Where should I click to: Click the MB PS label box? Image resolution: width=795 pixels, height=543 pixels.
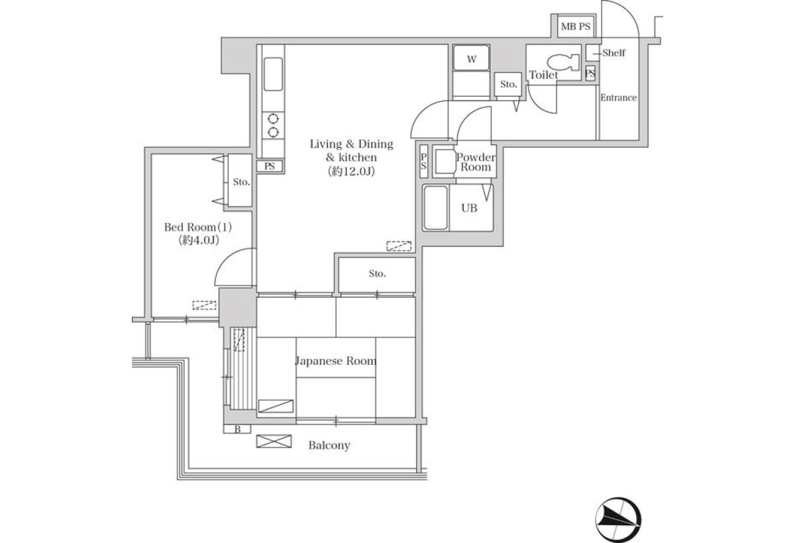click(575, 26)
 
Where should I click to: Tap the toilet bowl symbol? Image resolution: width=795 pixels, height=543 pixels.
click(562, 63)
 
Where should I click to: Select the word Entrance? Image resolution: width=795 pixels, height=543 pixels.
click(618, 97)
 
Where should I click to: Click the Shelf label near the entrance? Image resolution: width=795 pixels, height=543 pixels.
click(613, 53)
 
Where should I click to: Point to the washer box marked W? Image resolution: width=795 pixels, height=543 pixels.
click(471, 58)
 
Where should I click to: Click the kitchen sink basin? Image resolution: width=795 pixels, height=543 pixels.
click(273, 74)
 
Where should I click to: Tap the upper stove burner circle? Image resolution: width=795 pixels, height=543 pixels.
click(273, 118)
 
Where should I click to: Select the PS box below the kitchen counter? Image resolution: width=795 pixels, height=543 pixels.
click(270, 166)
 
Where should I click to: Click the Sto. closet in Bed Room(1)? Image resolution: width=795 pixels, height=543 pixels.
click(240, 181)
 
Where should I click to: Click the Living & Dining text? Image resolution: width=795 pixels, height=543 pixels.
click(351, 144)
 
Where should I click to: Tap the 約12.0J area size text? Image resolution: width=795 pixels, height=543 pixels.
click(351, 172)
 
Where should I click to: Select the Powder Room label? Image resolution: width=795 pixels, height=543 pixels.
click(476, 162)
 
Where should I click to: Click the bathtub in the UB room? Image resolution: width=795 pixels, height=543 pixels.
click(435, 208)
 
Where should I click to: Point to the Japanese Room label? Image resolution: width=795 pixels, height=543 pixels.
click(335, 361)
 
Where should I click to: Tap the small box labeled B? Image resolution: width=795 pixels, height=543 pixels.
click(237, 429)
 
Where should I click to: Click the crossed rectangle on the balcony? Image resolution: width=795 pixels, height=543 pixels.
click(274, 441)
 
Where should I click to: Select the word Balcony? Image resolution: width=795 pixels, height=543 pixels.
click(329, 446)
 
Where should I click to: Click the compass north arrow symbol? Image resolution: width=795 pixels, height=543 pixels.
click(618, 520)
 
